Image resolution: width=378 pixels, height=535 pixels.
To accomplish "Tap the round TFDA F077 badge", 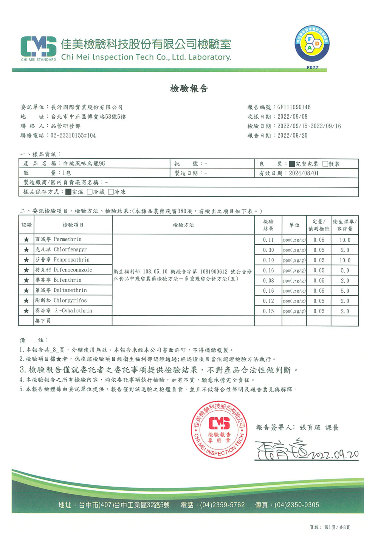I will click(312, 44).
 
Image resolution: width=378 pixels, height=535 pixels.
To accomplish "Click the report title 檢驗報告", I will click(189, 89).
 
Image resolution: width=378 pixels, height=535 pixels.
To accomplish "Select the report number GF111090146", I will click(294, 107).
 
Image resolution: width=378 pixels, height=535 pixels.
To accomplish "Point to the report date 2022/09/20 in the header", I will click(292, 135).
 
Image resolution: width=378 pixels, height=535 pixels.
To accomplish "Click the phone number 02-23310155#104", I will click(73, 135).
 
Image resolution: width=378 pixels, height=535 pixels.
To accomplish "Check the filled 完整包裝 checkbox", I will click(292, 164).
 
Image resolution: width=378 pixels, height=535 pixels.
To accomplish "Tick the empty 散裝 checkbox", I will click(325, 164).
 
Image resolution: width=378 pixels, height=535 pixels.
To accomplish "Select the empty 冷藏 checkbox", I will click(90, 192).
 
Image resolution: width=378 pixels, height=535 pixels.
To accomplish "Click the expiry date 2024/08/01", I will click(304, 173).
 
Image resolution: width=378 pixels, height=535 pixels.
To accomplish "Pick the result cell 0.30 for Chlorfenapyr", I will click(268, 250).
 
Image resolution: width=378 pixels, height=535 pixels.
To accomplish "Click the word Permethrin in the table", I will click(68, 239).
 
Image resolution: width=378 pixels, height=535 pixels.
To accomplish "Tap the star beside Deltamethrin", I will click(26, 290).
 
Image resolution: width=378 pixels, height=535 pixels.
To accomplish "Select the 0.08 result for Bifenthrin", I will click(268, 281).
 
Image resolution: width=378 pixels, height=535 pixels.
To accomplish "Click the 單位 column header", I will click(294, 225).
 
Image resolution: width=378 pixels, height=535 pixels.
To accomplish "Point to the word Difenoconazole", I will click(73, 270).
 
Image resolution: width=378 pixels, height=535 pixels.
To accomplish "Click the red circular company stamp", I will click(219, 430).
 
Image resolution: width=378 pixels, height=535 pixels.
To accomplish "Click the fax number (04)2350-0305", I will click(297, 505).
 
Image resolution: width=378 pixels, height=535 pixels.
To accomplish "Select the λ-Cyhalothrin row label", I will click(73, 311).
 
